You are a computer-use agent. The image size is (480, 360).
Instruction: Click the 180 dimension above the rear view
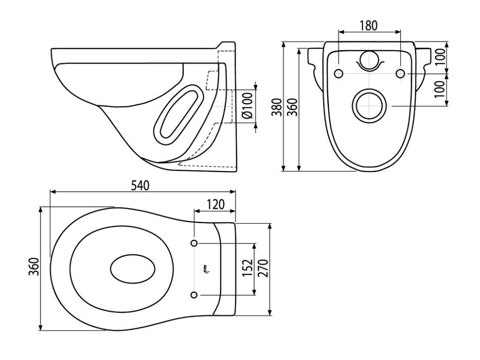coord(369,26)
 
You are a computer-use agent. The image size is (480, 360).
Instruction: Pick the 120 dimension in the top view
coord(215,205)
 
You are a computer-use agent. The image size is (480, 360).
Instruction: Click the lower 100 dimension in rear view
coord(439,90)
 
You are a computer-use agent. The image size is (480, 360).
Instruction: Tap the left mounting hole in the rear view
coord(338,74)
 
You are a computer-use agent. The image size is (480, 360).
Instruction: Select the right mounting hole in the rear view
coord(400,74)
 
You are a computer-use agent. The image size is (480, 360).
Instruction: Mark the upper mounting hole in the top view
coord(194,243)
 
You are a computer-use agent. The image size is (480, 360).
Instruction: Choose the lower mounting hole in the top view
coord(194,294)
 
